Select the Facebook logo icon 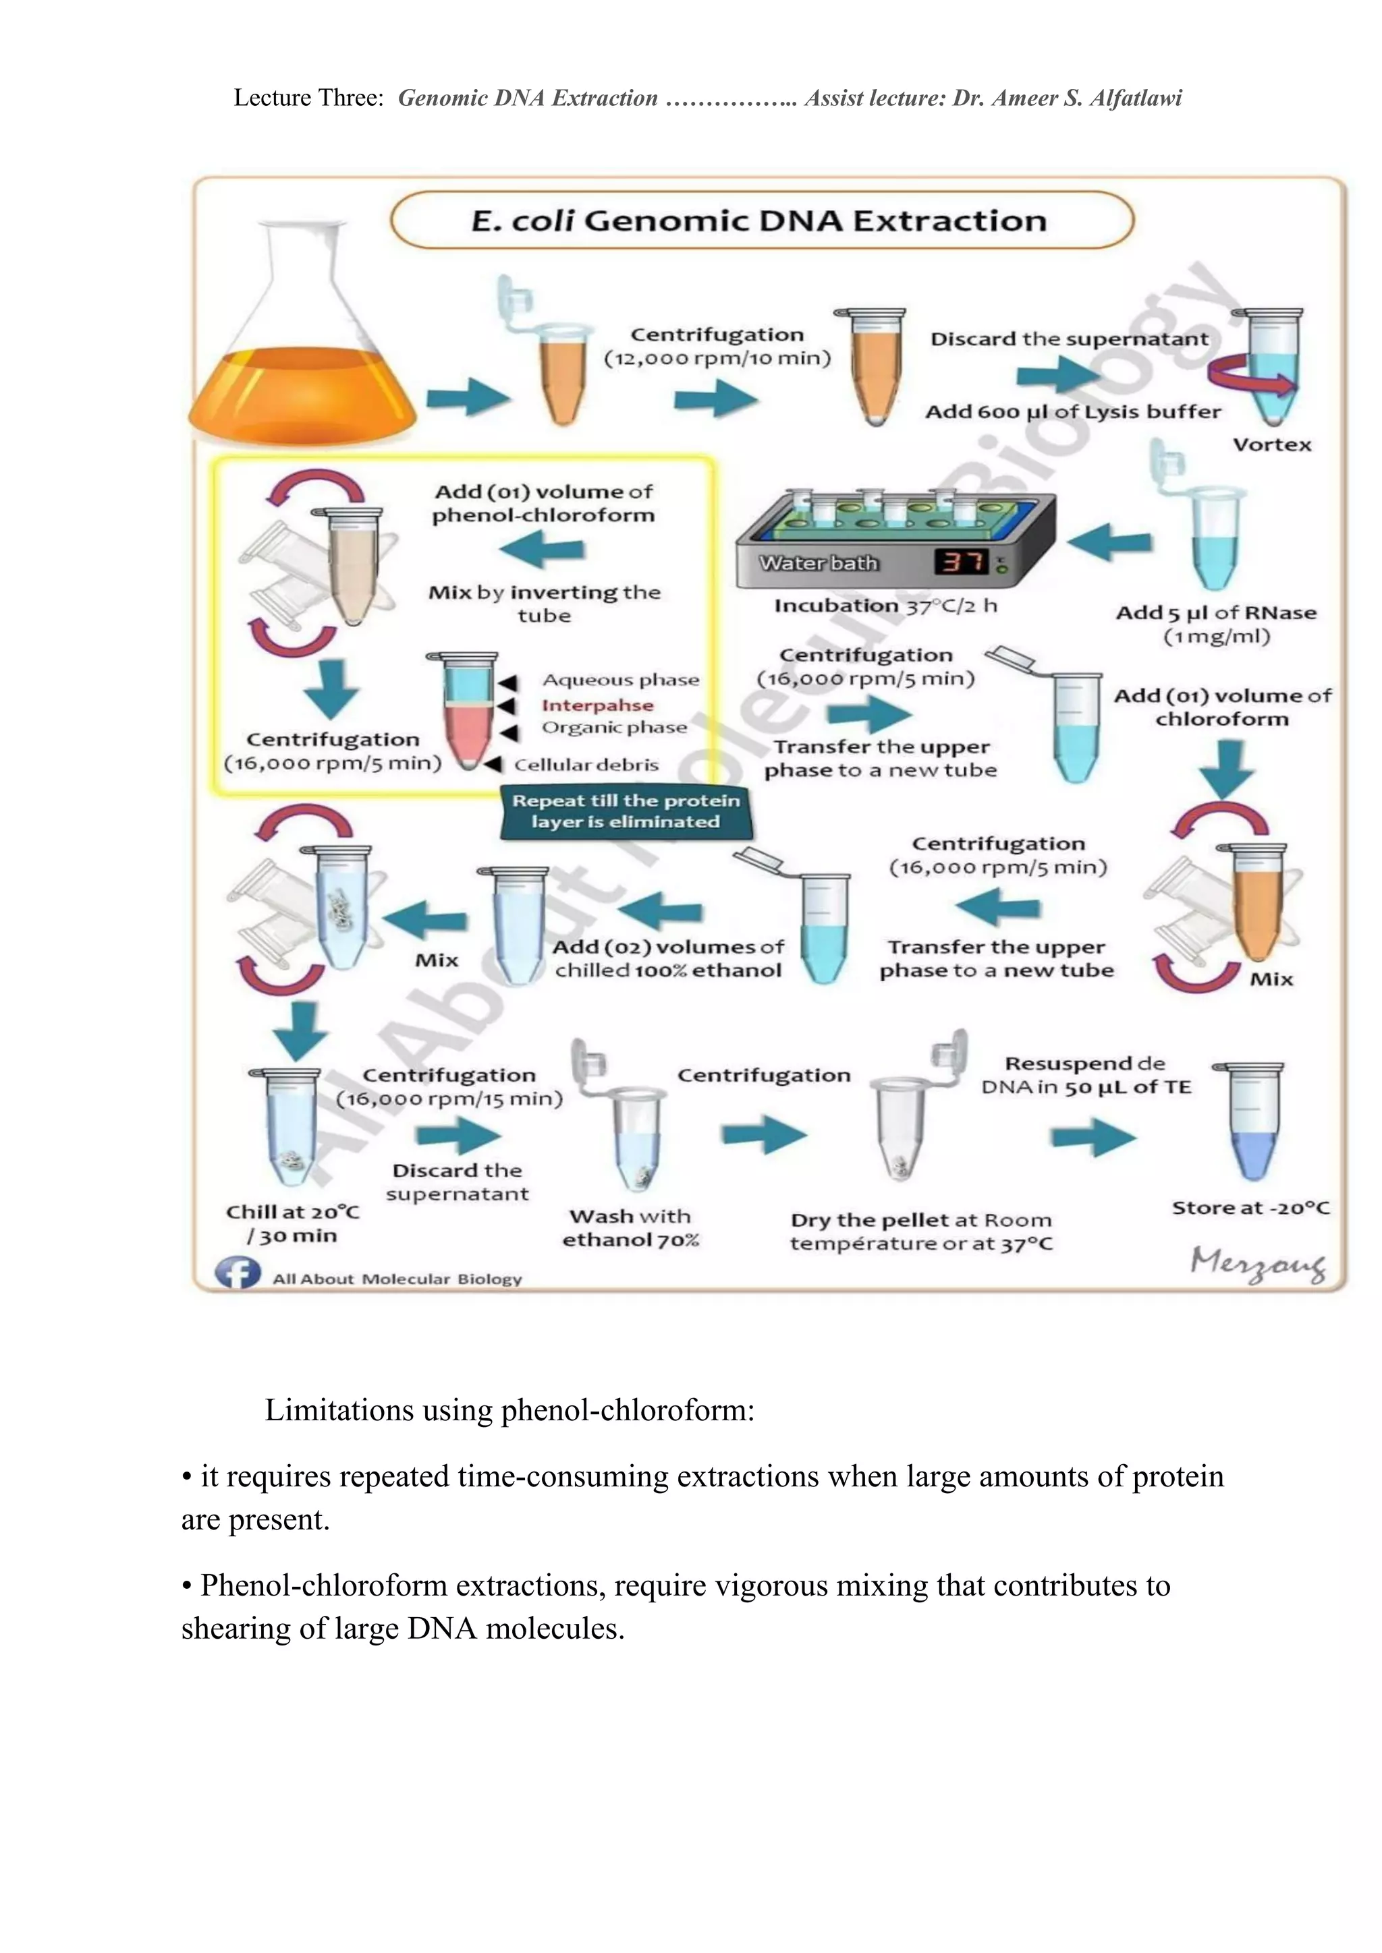(x=238, y=1273)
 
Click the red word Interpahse (x=597, y=705)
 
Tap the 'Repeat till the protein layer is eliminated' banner (x=626, y=811)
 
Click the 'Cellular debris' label (x=586, y=765)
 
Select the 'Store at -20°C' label (x=1250, y=1208)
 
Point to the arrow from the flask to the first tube (x=467, y=397)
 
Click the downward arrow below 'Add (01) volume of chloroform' (x=1226, y=767)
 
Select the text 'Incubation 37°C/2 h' (x=885, y=606)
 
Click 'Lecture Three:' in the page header (x=308, y=98)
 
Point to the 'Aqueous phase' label (x=620, y=680)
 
